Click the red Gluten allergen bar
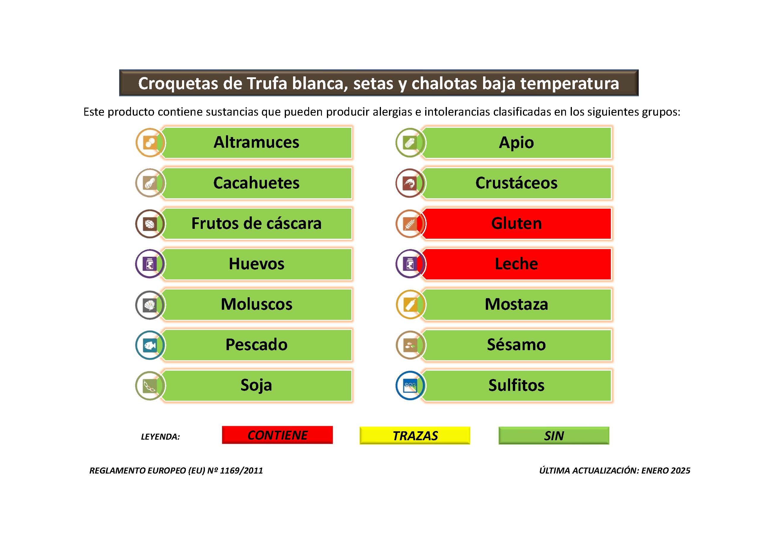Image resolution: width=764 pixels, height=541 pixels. tap(516, 223)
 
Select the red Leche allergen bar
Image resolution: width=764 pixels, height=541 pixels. tap(516, 264)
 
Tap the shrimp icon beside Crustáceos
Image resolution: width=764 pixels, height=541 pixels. tap(410, 183)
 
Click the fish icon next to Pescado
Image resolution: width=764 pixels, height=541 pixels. tap(150, 345)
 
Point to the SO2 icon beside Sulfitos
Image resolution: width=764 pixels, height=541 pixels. tap(410, 386)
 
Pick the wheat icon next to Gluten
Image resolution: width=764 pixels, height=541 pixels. tap(410, 224)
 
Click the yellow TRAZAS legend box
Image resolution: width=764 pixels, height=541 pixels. tap(415, 435)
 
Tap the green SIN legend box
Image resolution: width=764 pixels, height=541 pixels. tap(554, 435)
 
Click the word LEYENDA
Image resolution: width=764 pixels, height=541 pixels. tap(160, 437)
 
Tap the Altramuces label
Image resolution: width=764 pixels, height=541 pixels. tap(256, 142)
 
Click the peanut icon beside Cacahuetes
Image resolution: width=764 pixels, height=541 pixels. tap(150, 183)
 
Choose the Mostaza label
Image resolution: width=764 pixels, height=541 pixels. tap(516, 304)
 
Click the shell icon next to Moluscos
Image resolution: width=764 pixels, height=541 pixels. tap(150, 305)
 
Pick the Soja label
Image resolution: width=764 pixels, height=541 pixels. tap(256, 385)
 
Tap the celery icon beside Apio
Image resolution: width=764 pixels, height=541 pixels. tap(410, 143)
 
